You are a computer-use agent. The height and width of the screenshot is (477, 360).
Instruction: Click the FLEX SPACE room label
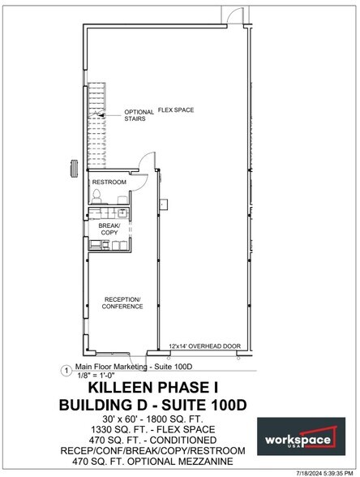click(176, 110)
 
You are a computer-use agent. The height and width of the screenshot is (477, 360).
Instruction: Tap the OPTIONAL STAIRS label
click(139, 115)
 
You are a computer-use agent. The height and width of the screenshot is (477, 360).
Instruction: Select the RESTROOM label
click(109, 183)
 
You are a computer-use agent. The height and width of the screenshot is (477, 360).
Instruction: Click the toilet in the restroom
click(96, 196)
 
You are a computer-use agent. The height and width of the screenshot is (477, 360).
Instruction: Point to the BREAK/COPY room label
click(109, 229)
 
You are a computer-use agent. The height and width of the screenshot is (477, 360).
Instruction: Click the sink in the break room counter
click(122, 213)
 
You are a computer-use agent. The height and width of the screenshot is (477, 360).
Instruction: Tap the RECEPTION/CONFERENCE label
click(122, 303)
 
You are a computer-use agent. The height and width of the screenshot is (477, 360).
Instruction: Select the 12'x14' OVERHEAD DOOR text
click(204, 346)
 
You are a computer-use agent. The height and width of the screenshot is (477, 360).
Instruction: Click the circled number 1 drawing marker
click(66, 371)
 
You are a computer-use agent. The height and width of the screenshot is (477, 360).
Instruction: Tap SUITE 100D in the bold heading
click(204, 406)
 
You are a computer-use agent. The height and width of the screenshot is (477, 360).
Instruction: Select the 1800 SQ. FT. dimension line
click(152, 419)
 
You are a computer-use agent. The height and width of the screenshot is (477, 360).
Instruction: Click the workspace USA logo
click(301, 436)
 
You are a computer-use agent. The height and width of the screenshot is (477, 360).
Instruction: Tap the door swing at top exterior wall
click(235, 15)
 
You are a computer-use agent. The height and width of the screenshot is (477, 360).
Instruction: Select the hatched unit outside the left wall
click(74, 168)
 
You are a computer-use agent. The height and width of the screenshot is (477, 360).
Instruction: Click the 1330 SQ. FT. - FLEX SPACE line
click(152, 430)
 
